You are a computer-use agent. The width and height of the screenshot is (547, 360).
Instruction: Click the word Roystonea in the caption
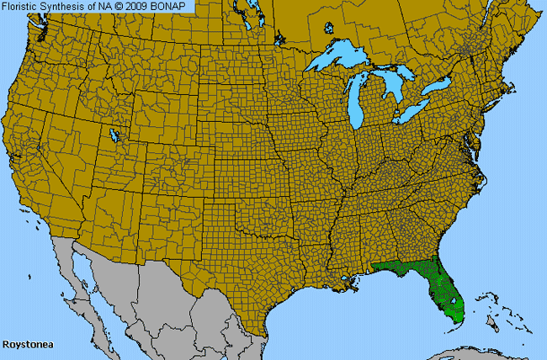click(27, 345)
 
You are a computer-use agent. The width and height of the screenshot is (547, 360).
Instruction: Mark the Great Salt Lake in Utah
click(115, 135)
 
